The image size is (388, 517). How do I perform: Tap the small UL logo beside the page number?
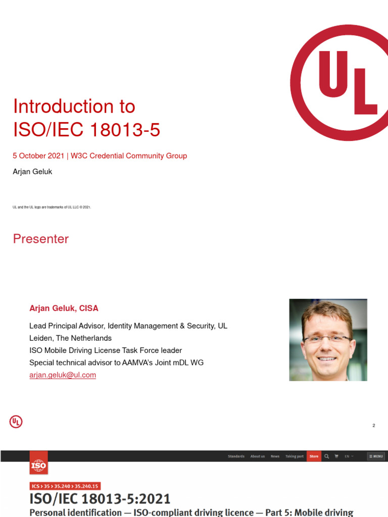pos(16,422)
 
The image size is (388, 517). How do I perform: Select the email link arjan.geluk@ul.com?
pos(63,375)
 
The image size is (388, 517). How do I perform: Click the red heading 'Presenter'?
pos(41,239)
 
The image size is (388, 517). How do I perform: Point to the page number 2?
pos(374,426)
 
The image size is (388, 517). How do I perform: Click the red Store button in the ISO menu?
pos(314,456)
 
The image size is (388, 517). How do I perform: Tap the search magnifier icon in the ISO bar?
pos(327,456)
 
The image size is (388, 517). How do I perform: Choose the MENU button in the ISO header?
pos(376,456)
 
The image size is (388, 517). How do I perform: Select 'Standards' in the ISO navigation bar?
pos(236,456)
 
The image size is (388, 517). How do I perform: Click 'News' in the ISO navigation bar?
pos(275,456)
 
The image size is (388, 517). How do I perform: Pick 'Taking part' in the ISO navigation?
pos(295,456)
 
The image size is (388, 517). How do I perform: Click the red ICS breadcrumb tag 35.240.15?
pos(87,486)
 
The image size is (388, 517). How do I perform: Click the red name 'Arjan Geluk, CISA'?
pos(64,308)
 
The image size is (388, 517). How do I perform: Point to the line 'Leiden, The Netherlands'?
pos(70,338)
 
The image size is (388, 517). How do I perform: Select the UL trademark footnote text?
pos(52,207)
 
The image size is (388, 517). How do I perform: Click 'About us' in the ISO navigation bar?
pos(258,456)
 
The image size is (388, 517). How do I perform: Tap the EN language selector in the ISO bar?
pos(349,456)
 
